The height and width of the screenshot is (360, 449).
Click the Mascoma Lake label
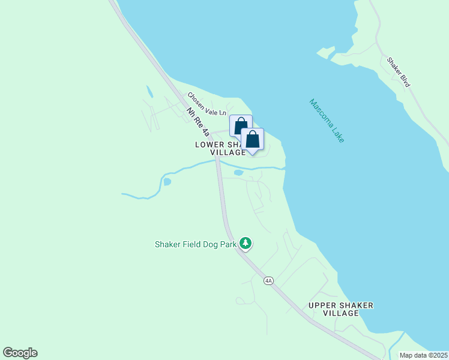point(327,120)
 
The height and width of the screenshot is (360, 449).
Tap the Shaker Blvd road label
point(398,73)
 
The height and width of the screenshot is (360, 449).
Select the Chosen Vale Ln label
point(206,104)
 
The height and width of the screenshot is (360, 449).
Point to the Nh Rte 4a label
point(198,122)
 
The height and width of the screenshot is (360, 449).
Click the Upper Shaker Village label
point(340,309)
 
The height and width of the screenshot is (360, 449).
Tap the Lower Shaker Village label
point(220,149)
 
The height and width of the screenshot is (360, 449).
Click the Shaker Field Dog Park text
point(195,244)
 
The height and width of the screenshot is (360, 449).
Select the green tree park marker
point(246,243)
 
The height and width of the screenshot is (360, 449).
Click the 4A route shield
point(268,280)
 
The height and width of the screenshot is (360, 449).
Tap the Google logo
point(20,353)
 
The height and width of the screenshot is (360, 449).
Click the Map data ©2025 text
point(423,355)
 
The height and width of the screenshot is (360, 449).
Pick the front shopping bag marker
point(253,140)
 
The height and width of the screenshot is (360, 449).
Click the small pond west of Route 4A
point(167,181)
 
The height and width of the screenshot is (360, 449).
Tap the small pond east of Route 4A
point(238,173)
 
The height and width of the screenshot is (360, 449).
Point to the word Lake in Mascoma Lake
point(336,133)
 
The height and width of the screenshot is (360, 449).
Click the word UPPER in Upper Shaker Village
point(321,305)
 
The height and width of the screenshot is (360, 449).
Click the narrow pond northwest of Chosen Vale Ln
point(149,92)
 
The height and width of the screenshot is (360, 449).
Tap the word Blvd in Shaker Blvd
point(404,80)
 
